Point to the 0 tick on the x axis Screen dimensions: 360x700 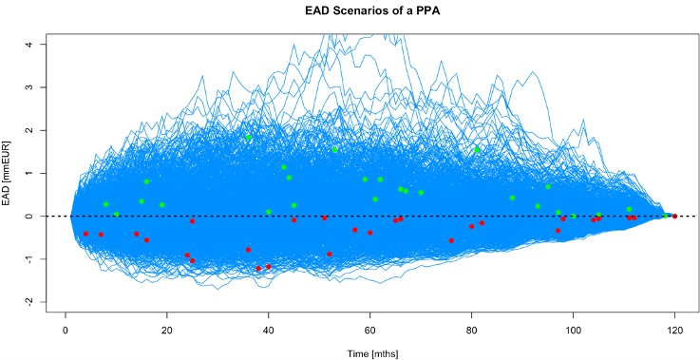(x=66, y=330)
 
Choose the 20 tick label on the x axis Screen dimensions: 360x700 (x=167, y=330)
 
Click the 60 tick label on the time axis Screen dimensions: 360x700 (x=370, y=330)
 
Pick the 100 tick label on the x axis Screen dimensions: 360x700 (x=574, y=330)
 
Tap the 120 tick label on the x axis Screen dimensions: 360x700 (x=675, y=330)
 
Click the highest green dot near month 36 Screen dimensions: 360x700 (x=249, y=138)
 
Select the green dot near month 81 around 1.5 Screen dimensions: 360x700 (x=477, y=149)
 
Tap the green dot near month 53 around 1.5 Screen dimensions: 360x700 (x=335, y=149)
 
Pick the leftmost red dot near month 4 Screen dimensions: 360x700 (x=85, y=234)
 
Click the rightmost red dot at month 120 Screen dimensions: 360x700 (x=674, y=217)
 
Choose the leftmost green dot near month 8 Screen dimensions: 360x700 (x=105, y=204)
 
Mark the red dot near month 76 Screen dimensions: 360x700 (x=451, y=240)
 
